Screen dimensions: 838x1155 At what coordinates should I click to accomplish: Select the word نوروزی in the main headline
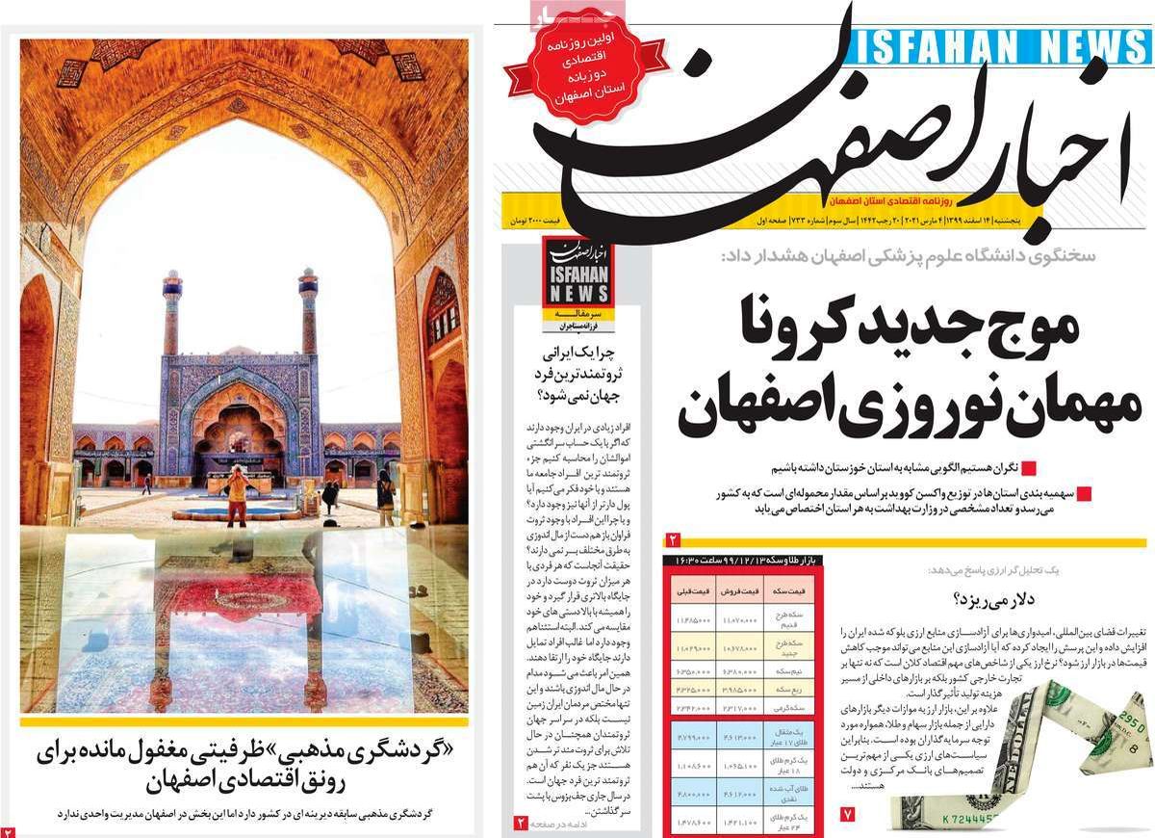coord(882,409)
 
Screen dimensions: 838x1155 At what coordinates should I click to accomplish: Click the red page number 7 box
coord(847,814)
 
